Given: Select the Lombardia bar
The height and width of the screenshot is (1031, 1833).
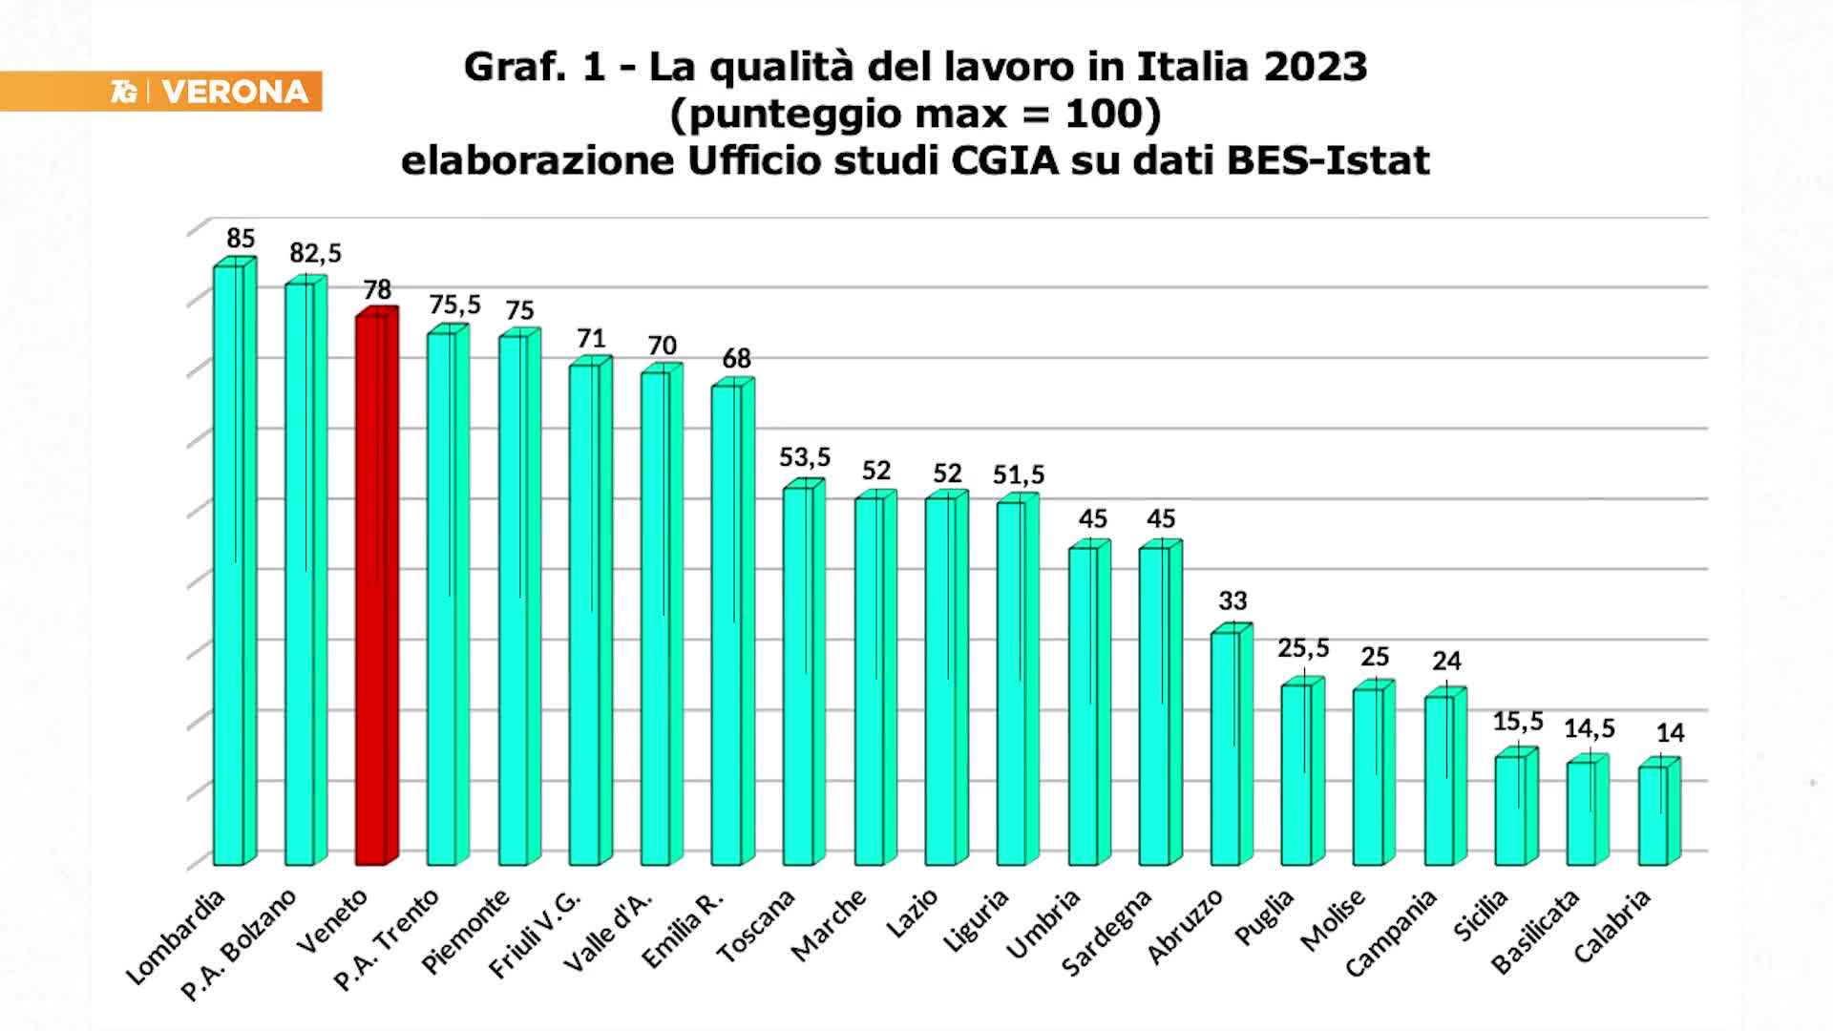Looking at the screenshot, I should coord(230,563).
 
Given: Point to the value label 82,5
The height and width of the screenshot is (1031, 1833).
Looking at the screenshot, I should coord(315,253).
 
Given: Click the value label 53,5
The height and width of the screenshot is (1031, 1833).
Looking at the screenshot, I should coord(805,457).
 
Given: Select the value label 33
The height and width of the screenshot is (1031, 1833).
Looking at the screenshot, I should coord(1233,600).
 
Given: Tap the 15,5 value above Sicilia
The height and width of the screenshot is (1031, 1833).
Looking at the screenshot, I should coord(1518,722).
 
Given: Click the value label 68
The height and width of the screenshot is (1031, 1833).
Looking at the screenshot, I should coord(736,358).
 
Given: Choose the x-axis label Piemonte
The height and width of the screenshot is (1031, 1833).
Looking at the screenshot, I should coord(466,932).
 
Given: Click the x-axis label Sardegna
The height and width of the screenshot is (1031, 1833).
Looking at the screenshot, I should coord(1107,933).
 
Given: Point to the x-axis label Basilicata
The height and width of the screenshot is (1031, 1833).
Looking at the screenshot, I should coord(1536,932).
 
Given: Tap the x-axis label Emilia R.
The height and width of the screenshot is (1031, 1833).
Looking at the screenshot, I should coord(684,929).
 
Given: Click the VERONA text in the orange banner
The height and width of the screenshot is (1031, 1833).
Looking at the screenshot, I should coord(235,92).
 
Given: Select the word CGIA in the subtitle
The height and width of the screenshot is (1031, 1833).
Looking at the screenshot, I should coord(1005,160).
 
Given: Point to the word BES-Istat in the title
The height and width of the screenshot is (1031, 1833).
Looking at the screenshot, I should coord(1328,160).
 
